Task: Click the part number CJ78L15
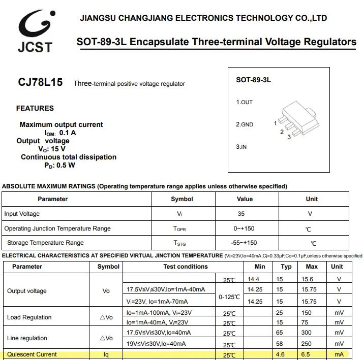(40, 82)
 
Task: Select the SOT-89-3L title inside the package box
(253, 80)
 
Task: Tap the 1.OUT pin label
(244, 102)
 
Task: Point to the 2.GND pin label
(244, 124)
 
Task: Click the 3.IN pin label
(241, 147)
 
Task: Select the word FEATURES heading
(35, 108)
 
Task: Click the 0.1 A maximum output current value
(68, 133)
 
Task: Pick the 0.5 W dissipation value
(66, 165)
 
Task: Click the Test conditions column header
(185, 267)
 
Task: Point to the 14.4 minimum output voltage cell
(254, 279)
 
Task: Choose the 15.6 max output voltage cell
(307, 279)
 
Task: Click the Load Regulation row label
(29, 317)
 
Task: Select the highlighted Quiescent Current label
(32, 354)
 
